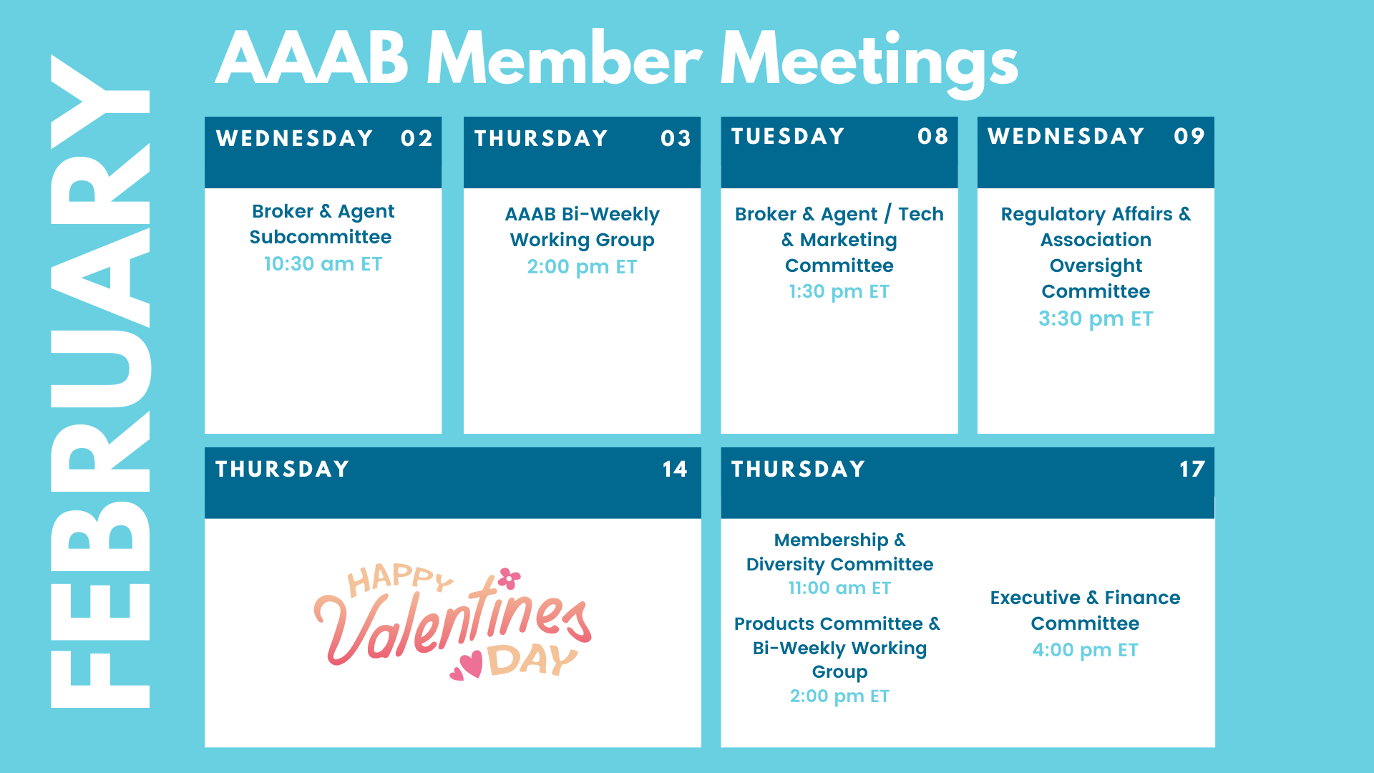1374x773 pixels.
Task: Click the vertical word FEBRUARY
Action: (x=100, y=381)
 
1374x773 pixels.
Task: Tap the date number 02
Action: (x=416, y=138)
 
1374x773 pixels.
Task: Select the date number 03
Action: (x=676, y=138)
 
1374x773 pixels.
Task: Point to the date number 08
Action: (x=932, y=136)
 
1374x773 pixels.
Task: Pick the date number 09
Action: (x=1189, y=136)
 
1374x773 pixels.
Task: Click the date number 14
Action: (x=674, y=469)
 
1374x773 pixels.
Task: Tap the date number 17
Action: (x=1192, y=469)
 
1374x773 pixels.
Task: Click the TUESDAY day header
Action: (x=788, y=136)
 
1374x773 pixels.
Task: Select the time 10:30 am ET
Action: (x=323, y=264)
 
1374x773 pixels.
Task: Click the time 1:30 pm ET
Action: (x=839, y=292)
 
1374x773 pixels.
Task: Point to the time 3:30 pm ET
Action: (x=1096, y=319)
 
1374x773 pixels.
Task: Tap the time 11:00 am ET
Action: (x=839, y=588)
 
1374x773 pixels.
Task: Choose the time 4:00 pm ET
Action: (x=1085, y=651)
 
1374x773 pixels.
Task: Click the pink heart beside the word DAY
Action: (x=471, y=665)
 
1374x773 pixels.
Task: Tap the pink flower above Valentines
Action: (x=510, y=578)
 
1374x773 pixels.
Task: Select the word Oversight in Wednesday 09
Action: (x=1096, y=266)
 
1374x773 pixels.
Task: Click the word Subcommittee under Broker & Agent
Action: (x=321, y=237)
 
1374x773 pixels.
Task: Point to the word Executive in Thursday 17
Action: (x=1035, y=598)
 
